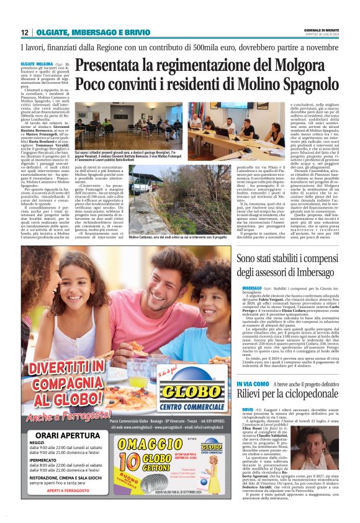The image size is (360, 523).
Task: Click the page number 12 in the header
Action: [x=24, y=32]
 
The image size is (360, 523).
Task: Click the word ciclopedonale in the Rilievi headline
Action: [x=300, y=378]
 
